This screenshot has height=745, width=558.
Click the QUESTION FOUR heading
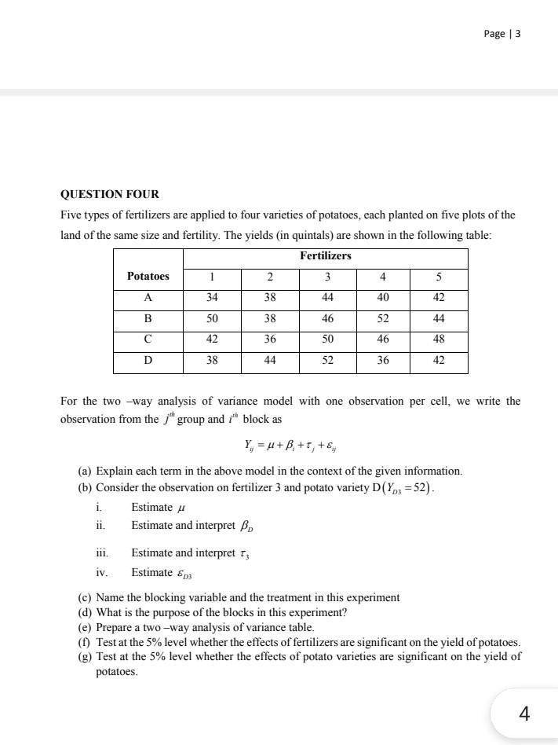[110, 194]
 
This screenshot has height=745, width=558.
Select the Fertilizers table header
[325, 256]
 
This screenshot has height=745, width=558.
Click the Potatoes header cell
[148, 277]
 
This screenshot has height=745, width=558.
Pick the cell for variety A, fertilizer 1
[212, 298]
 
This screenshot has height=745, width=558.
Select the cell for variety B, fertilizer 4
[382, 319]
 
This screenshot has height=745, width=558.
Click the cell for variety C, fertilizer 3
[327, 339]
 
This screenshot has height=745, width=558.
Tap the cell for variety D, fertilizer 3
[327, 361]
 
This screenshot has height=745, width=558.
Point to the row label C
[148, 339]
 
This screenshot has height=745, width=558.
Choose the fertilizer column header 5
[439, 277]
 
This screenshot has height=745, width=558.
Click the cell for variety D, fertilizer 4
[382, 361]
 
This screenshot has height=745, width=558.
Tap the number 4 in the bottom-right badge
[524, 714]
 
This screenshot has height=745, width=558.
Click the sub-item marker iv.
[101, 573]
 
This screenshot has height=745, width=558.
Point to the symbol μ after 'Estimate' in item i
[183, 508]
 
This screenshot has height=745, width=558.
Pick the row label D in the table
[148, 361]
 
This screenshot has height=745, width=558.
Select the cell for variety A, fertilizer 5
[439, 298]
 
